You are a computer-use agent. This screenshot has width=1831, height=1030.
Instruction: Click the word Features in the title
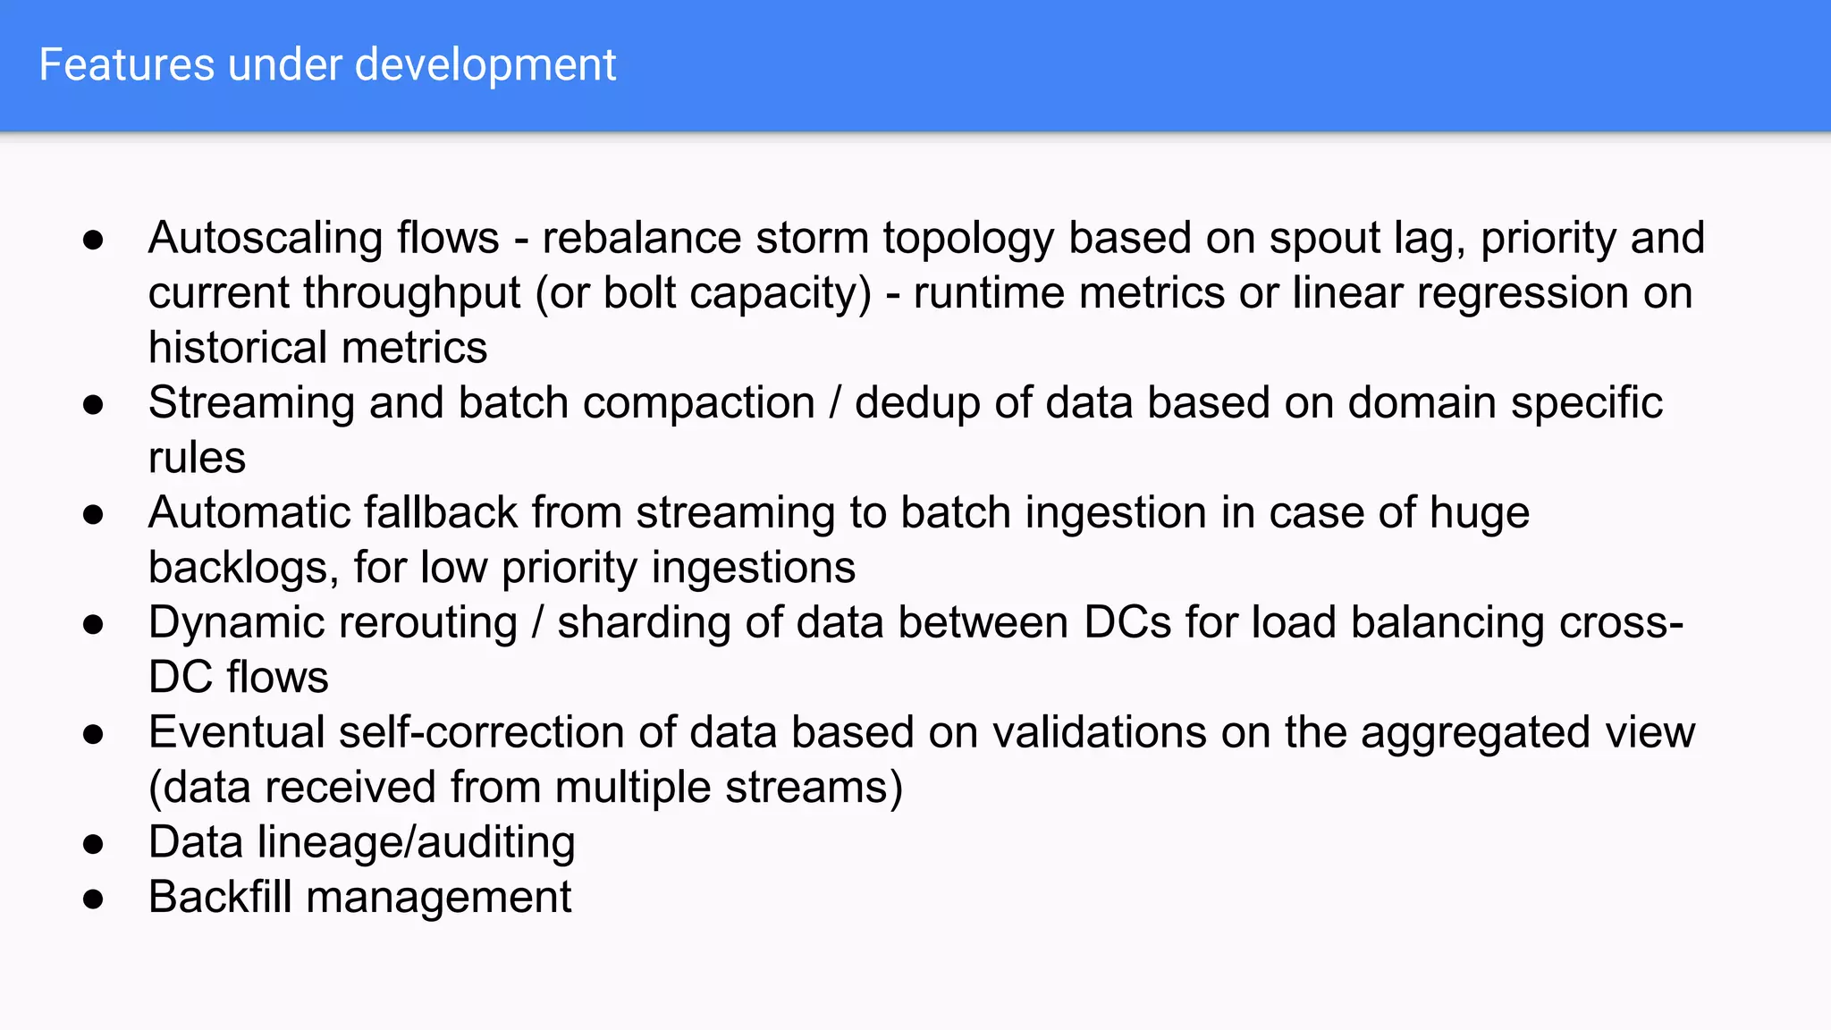point(127,65)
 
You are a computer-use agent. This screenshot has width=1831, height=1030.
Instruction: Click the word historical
point(237,348)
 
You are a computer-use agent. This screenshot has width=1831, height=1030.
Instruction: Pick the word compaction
point(698,403)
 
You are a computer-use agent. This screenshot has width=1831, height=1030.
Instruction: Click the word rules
point(197,458)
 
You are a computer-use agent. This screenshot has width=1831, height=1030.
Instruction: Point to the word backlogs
point(243,568)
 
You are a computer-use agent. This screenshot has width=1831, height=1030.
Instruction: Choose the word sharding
point(644,623)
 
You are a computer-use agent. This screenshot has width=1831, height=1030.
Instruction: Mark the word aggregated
point(1476,733)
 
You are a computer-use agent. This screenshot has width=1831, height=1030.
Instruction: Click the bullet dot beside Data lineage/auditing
point(93,844)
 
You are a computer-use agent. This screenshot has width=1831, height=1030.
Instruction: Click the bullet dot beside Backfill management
point(93,899)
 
